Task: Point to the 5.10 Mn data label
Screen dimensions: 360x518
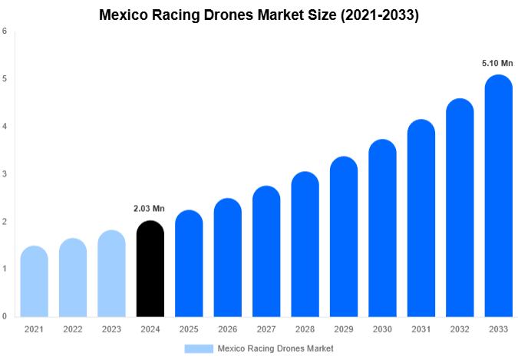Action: coord(497,63)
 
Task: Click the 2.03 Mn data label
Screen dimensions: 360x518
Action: coord(150,208)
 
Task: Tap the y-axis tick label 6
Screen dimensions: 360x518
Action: coord(5,31)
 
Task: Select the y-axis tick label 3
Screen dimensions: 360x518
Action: coord(5,174)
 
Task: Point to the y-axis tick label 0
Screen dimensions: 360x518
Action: coord(5,316)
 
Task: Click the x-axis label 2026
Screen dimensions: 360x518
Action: coord(227,329)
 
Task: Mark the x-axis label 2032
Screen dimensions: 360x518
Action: coord(459,329)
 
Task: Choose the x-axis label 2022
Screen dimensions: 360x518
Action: coord(72,329)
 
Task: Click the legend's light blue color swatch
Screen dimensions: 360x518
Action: coord(198,348)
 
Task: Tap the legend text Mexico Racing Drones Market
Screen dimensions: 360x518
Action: coord(275,348)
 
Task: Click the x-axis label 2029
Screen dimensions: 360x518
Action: coord(343,329)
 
